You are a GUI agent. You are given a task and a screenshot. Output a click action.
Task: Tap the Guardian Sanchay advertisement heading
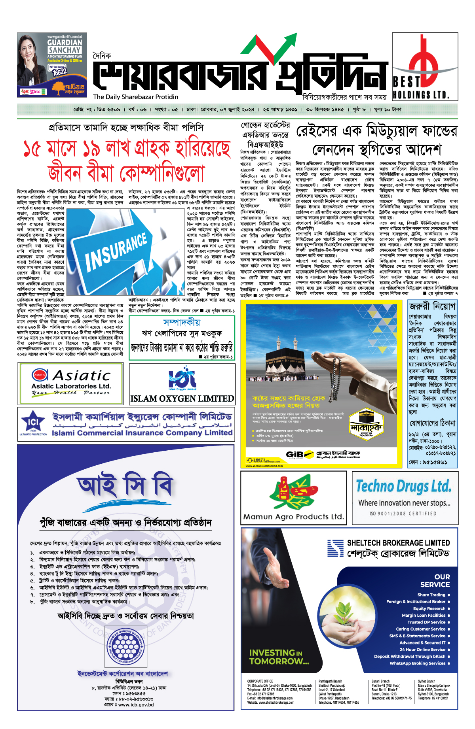(x=65, y=46)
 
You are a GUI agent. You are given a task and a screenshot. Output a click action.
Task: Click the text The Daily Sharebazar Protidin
(x=135, y=97)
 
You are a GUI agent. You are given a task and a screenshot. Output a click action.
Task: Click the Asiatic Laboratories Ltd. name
(x=71, y=386)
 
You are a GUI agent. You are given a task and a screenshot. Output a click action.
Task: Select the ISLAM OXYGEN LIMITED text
(x=182, y=398)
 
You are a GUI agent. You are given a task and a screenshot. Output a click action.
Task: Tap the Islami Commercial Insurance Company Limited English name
(x=142, y=433)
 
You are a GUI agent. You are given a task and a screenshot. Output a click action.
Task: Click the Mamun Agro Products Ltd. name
(x=293, y=517)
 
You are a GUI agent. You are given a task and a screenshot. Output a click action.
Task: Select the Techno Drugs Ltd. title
(x=403, y=486)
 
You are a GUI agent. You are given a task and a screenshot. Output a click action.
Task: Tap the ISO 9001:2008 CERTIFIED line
(x=403, y=514)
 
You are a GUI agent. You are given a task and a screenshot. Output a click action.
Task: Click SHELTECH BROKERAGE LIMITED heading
(x=398, y=543)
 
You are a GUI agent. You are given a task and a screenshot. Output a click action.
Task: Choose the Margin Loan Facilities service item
(x=424, y=615)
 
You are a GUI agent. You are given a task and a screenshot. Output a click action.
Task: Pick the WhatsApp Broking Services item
(x=417, y=663)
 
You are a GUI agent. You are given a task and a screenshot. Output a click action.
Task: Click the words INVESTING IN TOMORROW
(x=279, y=657)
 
